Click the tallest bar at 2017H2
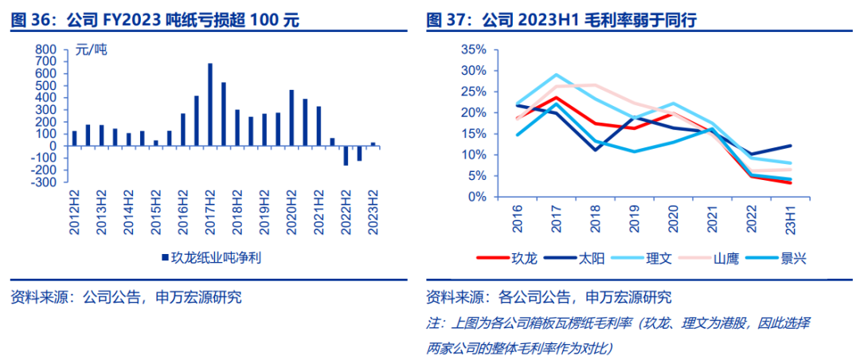pyautogui.click(x=210, y=104)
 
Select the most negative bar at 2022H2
pyautogui.click(x=346, y=155)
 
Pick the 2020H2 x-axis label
pyautogui.click(x=292, y=212)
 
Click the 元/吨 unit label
pyautogui.click(x=90, y=50)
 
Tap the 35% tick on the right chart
pyautogui.click(x=472, y=49)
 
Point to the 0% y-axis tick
pyautogui.click(x=475, y=197)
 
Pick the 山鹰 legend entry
pyautogui.click(x=725, y=258)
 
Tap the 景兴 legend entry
pyautogui.click(x=795, y=258)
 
